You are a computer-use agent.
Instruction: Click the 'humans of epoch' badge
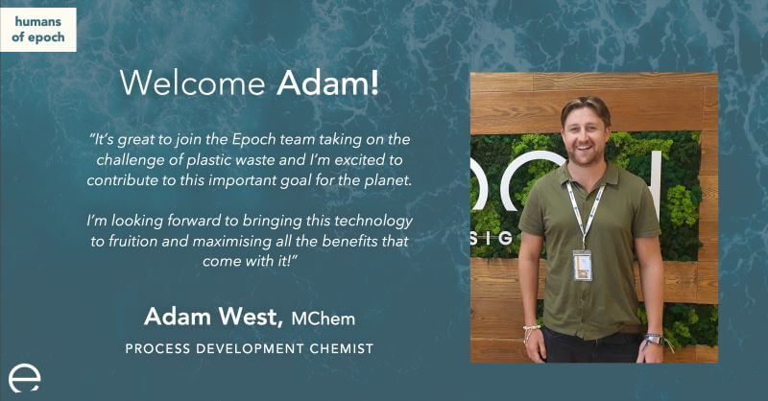(x=38, y=30)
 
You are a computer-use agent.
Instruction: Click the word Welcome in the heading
(x=193, y=83)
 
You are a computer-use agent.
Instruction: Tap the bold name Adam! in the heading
(x=327, y=83)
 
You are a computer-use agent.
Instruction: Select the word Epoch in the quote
(x=253, y=140)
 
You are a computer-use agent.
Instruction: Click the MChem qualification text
(x=324, y=318)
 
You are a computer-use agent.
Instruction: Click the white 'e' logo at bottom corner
(x=24, y=378)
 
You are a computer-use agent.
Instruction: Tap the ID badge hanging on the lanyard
(x=583, y=266)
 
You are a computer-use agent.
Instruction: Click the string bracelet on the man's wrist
(x=531, y=328)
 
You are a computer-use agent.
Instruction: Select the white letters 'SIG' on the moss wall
(x=492, y=239)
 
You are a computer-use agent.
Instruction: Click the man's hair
(x=587, y=106)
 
